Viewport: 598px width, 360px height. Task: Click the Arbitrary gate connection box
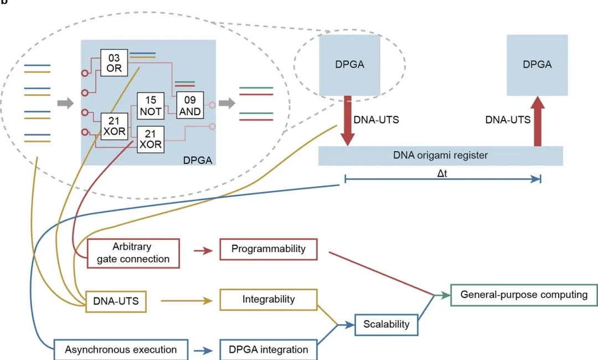[133, 253]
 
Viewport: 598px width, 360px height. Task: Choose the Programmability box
[268, 249]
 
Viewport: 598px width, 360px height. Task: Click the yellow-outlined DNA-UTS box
[116, 301]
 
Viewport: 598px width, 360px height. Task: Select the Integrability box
[268, 300]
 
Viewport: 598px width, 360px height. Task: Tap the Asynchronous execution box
[120, 349]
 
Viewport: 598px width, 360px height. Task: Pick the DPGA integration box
[268, 349]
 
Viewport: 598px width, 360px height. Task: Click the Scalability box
[386, 324]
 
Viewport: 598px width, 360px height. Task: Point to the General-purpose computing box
[524, 295]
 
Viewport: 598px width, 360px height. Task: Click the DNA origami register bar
[440, 156]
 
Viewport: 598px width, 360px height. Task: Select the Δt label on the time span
[442, 172]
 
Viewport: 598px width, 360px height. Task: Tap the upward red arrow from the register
[537, 121]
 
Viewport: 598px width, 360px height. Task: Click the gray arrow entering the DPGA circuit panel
[65, 103]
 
